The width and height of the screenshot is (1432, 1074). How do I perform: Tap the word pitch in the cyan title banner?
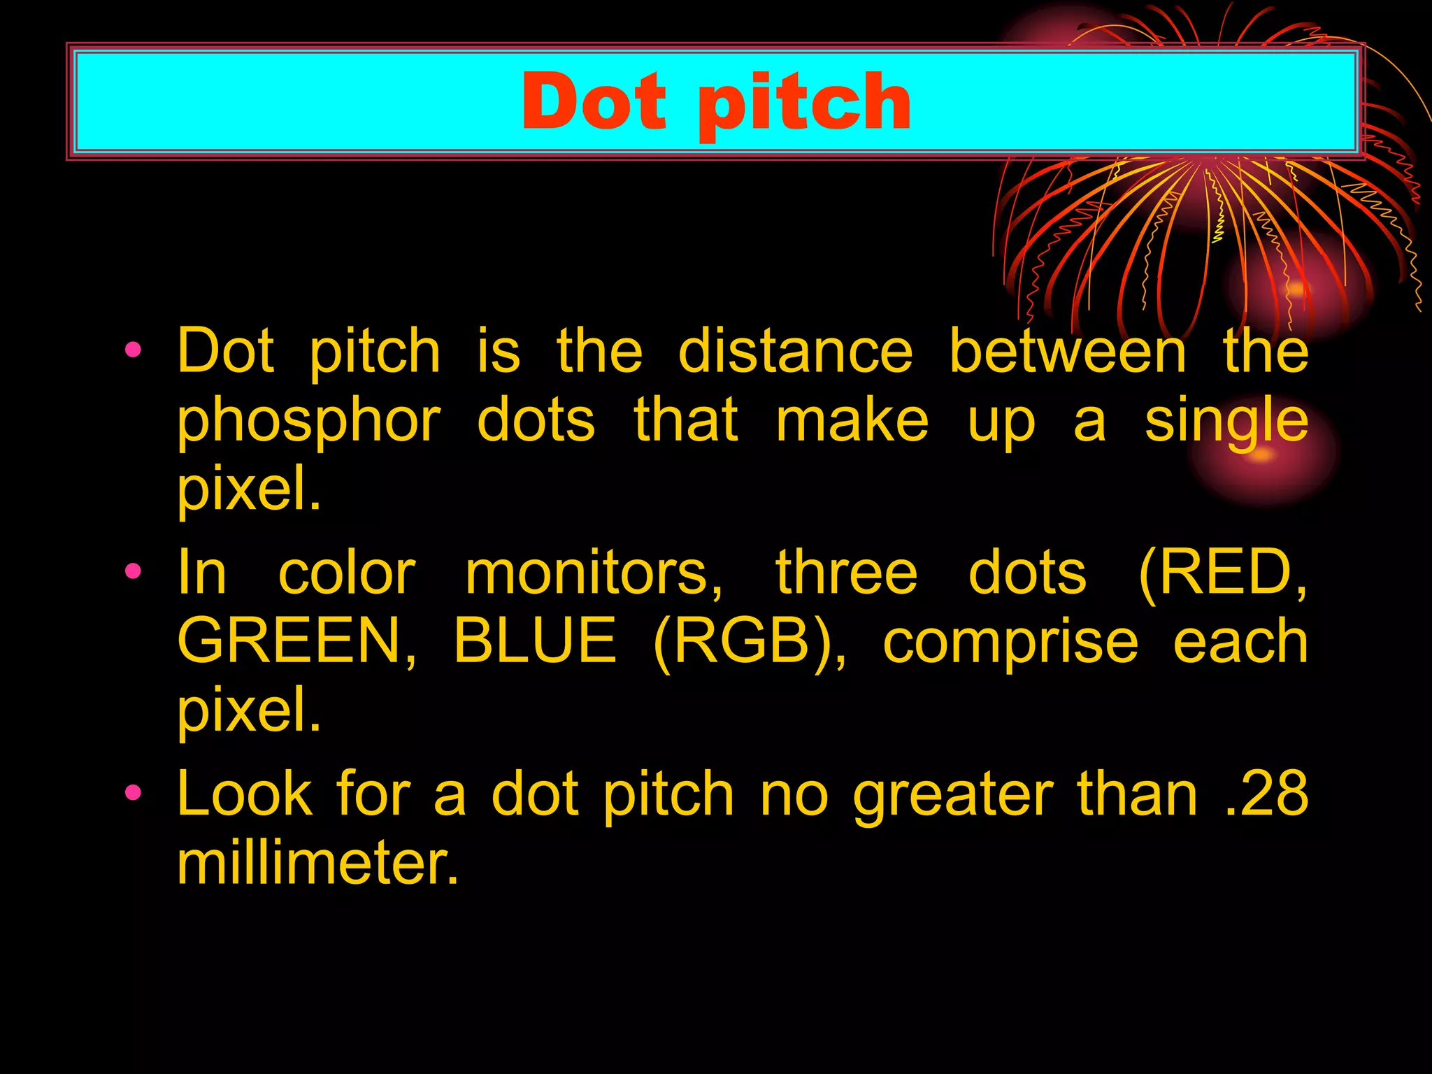pyautogui.click(x=804, y=105)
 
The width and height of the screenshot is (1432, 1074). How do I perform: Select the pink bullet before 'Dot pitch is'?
pyautogui.click(x=133, y=349)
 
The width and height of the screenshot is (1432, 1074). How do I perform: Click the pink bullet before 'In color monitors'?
pyautogui.click(x=133, y=571)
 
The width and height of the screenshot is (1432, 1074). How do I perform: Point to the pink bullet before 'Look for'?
pyautogui.click(x=133, y=793)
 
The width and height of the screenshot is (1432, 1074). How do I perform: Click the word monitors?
pyautogui.click(x=594, y=573)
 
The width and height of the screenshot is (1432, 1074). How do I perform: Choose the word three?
pyautogui.click(x=846, y=573)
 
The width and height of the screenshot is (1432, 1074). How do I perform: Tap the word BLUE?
pyautogui.click(x=535, y=641)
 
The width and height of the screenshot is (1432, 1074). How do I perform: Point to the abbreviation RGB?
pyautogui.click(x=748, y=641)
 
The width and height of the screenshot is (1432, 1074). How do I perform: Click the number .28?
pyautogui.click(x=1266, y=794)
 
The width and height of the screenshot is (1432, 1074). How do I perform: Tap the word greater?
pyautogui.click(x=953, y=796)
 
